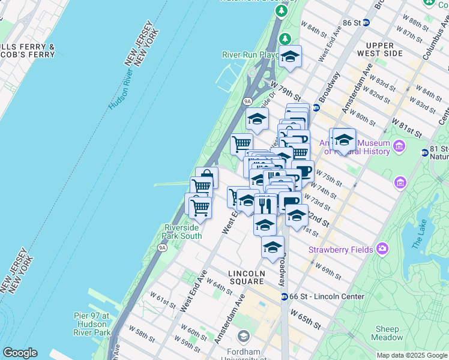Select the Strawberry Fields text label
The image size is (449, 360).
pyautogui.click(x=340, y=249)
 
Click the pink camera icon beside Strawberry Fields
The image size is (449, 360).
pyautogui.click(x=382, y=248)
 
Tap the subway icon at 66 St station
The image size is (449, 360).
pyautogui.click(x=284, y=296)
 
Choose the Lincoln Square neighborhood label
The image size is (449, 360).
pyautogui.click(x=247, y=277)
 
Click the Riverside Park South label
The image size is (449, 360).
pyautogui.click(x=183, y=232)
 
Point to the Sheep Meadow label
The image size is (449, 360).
pyautogui.click(x=388, y=333)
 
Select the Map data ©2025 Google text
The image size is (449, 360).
pyautogui.click(x=411, y=355)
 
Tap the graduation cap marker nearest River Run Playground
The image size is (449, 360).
pyautogui.click(x=290, y=58)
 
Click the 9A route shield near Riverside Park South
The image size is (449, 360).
pyautogui.click(x=162, y=247)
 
